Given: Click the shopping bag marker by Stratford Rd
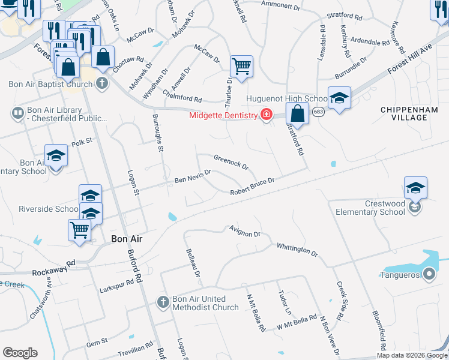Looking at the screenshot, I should point(297,112).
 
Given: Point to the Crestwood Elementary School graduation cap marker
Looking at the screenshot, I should point(415,187).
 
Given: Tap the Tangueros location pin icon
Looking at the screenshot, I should point(429,275).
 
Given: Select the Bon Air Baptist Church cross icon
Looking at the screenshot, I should point(102,83).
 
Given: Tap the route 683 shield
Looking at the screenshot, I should point(319,112).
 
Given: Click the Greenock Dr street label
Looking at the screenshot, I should point(231,161).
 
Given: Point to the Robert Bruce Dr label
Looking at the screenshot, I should point(253,186).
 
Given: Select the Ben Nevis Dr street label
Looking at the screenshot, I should point(193,176).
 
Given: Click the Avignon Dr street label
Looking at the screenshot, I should point(245,231).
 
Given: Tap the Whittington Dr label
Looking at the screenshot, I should point(297,248).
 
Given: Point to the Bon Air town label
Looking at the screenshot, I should point(127,239).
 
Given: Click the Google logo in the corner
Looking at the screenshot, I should point(20,353).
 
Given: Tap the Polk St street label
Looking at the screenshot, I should point(83,142).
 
